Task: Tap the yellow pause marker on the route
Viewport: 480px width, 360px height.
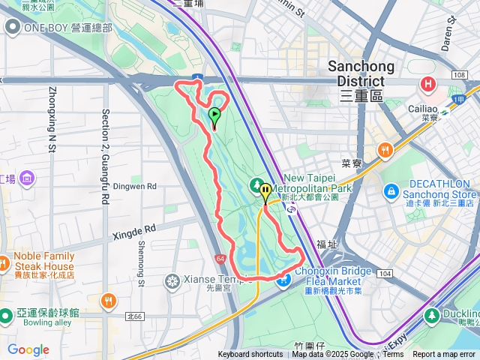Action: (265, 193)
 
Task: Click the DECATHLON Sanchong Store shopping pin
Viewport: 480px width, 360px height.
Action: (390, 193)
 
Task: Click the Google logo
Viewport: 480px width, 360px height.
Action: (28, 349)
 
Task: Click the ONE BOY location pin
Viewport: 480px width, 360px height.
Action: (13, 28)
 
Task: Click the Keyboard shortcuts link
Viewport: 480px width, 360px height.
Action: (250, 355)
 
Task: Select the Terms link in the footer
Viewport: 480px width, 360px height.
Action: (393, 355)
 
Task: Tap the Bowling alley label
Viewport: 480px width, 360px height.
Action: (33, 323)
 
